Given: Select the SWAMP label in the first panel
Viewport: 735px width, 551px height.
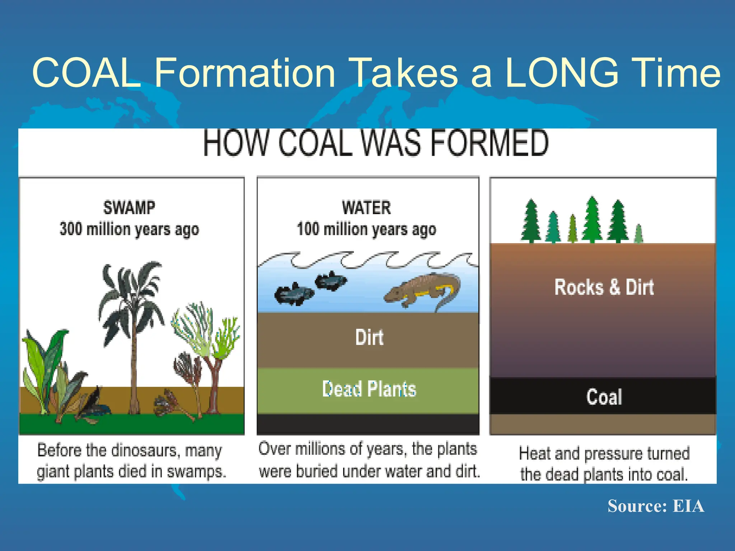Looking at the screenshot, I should click(129, 208).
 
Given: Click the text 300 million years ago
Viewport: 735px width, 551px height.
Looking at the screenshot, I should click(129, 229).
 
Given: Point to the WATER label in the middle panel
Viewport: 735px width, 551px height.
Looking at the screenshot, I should click(366, 208).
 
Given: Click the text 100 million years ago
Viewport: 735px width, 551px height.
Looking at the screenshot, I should click(366, 229).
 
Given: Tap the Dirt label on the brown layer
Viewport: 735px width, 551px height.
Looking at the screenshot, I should click(369, 337).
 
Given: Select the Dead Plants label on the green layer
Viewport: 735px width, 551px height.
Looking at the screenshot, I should click(369, 389).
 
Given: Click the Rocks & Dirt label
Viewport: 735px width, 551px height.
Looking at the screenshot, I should click(604, 287).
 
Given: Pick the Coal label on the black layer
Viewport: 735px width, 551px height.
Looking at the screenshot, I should click(604, 397).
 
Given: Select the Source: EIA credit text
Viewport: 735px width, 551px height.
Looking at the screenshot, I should click(656, 506).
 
